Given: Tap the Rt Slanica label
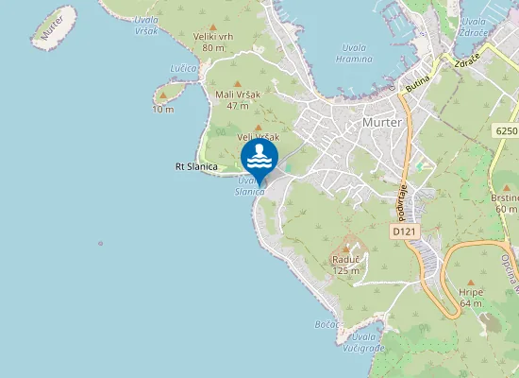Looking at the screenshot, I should click(x=196, y=167).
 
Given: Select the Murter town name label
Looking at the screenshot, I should click(x=382, y=123).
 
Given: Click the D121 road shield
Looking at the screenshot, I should click(x=404, y=231).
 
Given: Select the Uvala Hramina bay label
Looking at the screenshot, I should click(x=354, y=52).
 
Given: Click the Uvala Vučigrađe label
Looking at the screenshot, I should click(x=367, y=342).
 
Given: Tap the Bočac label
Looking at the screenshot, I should click(x=326, y=324).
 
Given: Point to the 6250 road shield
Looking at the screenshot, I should click(x=505, y=129).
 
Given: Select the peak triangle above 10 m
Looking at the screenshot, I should click(x=163, y=95).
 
